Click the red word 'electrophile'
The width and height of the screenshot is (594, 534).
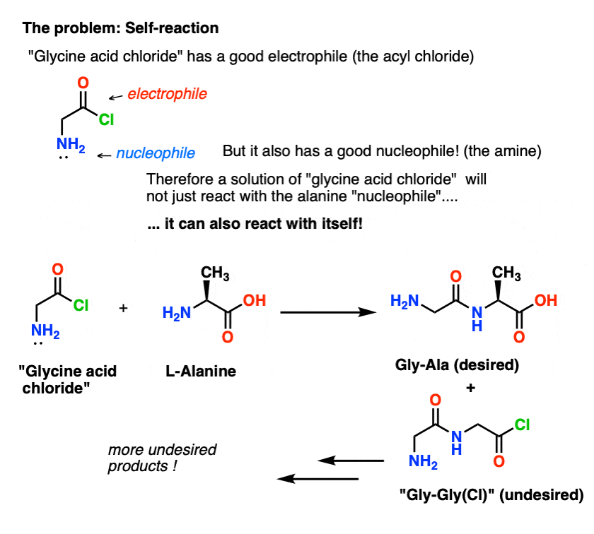click(x=167, y=94)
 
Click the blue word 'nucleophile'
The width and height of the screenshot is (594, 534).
click(x=156, y=153)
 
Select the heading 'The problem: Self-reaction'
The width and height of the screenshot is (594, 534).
click(x=120, y=28)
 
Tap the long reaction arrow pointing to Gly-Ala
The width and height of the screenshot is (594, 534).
click(x=328, y=312)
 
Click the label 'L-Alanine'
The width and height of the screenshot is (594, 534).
click(x=201, y=372)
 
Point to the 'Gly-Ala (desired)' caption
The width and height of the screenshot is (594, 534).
click(x=457, y=365)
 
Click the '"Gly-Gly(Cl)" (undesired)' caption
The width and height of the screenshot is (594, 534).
click(x=491, y=494)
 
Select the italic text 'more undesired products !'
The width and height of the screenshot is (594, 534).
click(x=162, y=458)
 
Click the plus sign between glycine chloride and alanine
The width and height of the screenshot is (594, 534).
click(x=123, y=308)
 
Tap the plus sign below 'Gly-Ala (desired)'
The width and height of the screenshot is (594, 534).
click(x=470, y=388)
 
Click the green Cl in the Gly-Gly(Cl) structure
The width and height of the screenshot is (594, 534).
click(x=522, y=425)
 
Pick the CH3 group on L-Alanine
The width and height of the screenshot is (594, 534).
click(x=215, y=273)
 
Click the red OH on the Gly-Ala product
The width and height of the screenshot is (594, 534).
click(x=545, y=300)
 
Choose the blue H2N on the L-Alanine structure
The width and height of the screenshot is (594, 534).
click(x=177, y=314)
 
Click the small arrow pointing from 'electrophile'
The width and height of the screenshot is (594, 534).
click(x=115, y=97)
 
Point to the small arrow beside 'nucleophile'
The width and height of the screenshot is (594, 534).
click(x=104, y=155)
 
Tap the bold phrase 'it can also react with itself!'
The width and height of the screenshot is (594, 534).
click(x=263, y=224)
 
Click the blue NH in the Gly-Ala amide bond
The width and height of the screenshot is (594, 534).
click(x=477, y=319)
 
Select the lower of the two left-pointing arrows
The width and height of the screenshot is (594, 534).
click(x=318, y=479)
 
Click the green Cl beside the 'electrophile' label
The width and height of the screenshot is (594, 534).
click(x=106, y=119)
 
